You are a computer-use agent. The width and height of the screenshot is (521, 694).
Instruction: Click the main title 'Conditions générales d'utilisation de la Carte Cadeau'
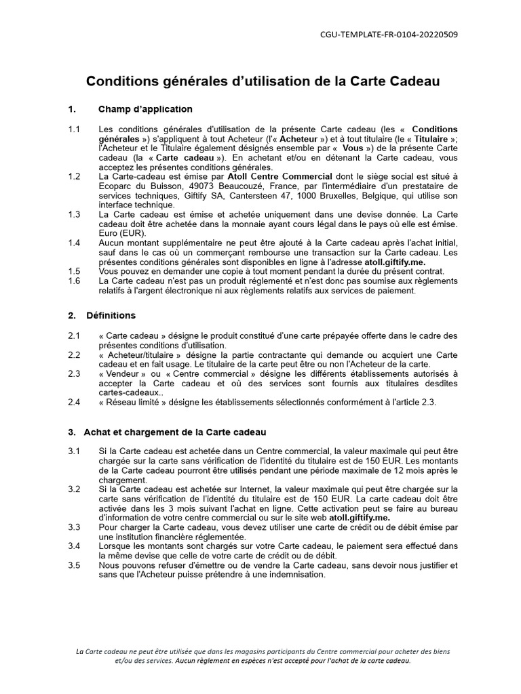point(263,81)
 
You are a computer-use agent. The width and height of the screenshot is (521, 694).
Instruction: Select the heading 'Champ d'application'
point(145,109)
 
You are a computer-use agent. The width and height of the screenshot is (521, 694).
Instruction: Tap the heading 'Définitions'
point(111,315)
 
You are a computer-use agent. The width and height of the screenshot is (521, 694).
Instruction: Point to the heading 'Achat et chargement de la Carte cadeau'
point(175,432)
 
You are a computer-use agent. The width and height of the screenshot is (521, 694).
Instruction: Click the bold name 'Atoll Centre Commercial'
point(275,176)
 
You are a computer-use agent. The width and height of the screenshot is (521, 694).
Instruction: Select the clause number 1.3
point(74,214)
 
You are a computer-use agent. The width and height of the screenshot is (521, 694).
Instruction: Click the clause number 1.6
point(74,281)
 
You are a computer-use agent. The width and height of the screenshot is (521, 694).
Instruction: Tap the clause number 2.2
point(74,354)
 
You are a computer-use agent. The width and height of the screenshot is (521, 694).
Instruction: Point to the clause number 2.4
point(74,402)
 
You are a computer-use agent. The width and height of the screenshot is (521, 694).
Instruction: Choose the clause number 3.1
point(74,451)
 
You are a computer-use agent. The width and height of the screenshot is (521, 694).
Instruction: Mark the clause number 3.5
point(74,565)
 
